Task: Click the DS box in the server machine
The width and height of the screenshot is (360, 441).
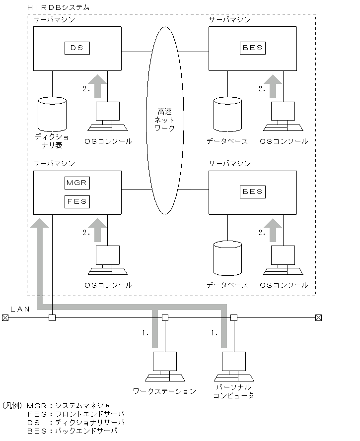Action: (76, 48)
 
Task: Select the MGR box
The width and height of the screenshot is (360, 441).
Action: (76, 183)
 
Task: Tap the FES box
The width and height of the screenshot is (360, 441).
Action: (76, 201)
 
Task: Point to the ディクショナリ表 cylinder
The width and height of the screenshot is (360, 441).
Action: (52, 114)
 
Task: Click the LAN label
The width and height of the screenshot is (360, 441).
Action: (20, 309)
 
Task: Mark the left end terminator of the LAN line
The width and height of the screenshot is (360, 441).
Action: (5, 317)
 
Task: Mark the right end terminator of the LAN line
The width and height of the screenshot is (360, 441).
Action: (319, 317)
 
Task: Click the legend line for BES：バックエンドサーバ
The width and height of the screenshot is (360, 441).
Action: (72, 431)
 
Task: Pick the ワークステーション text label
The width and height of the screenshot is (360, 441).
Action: (164, 391)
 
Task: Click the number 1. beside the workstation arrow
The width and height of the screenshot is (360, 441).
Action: (145, 333)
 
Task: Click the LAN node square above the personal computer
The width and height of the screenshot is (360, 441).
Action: (234, 317)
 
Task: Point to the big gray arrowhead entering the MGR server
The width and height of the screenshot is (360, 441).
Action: (40, 222)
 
